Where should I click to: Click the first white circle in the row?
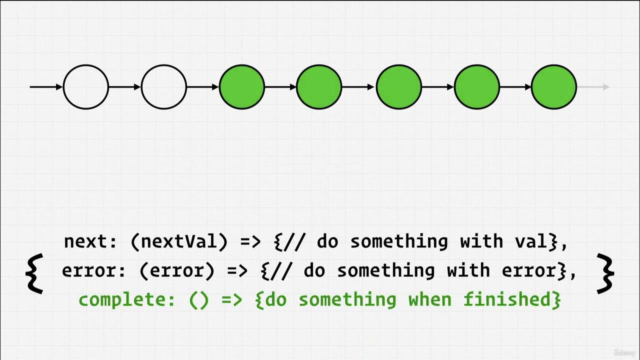coord(86,87)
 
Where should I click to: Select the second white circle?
coord(164,87)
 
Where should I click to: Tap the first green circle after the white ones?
coord(242,87)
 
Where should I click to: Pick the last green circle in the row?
coord(554,87)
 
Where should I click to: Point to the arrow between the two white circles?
coord(125,87)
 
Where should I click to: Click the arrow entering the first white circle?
coord(46,87)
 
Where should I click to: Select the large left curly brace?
coord(34,273)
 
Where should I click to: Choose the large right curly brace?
coord(606,273)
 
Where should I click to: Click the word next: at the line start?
coord(90,242)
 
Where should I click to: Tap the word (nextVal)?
coord(178,242)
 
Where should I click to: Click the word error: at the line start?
coord(94,271)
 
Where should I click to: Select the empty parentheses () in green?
coord(198,300)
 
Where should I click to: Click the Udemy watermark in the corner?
coord(624,352)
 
